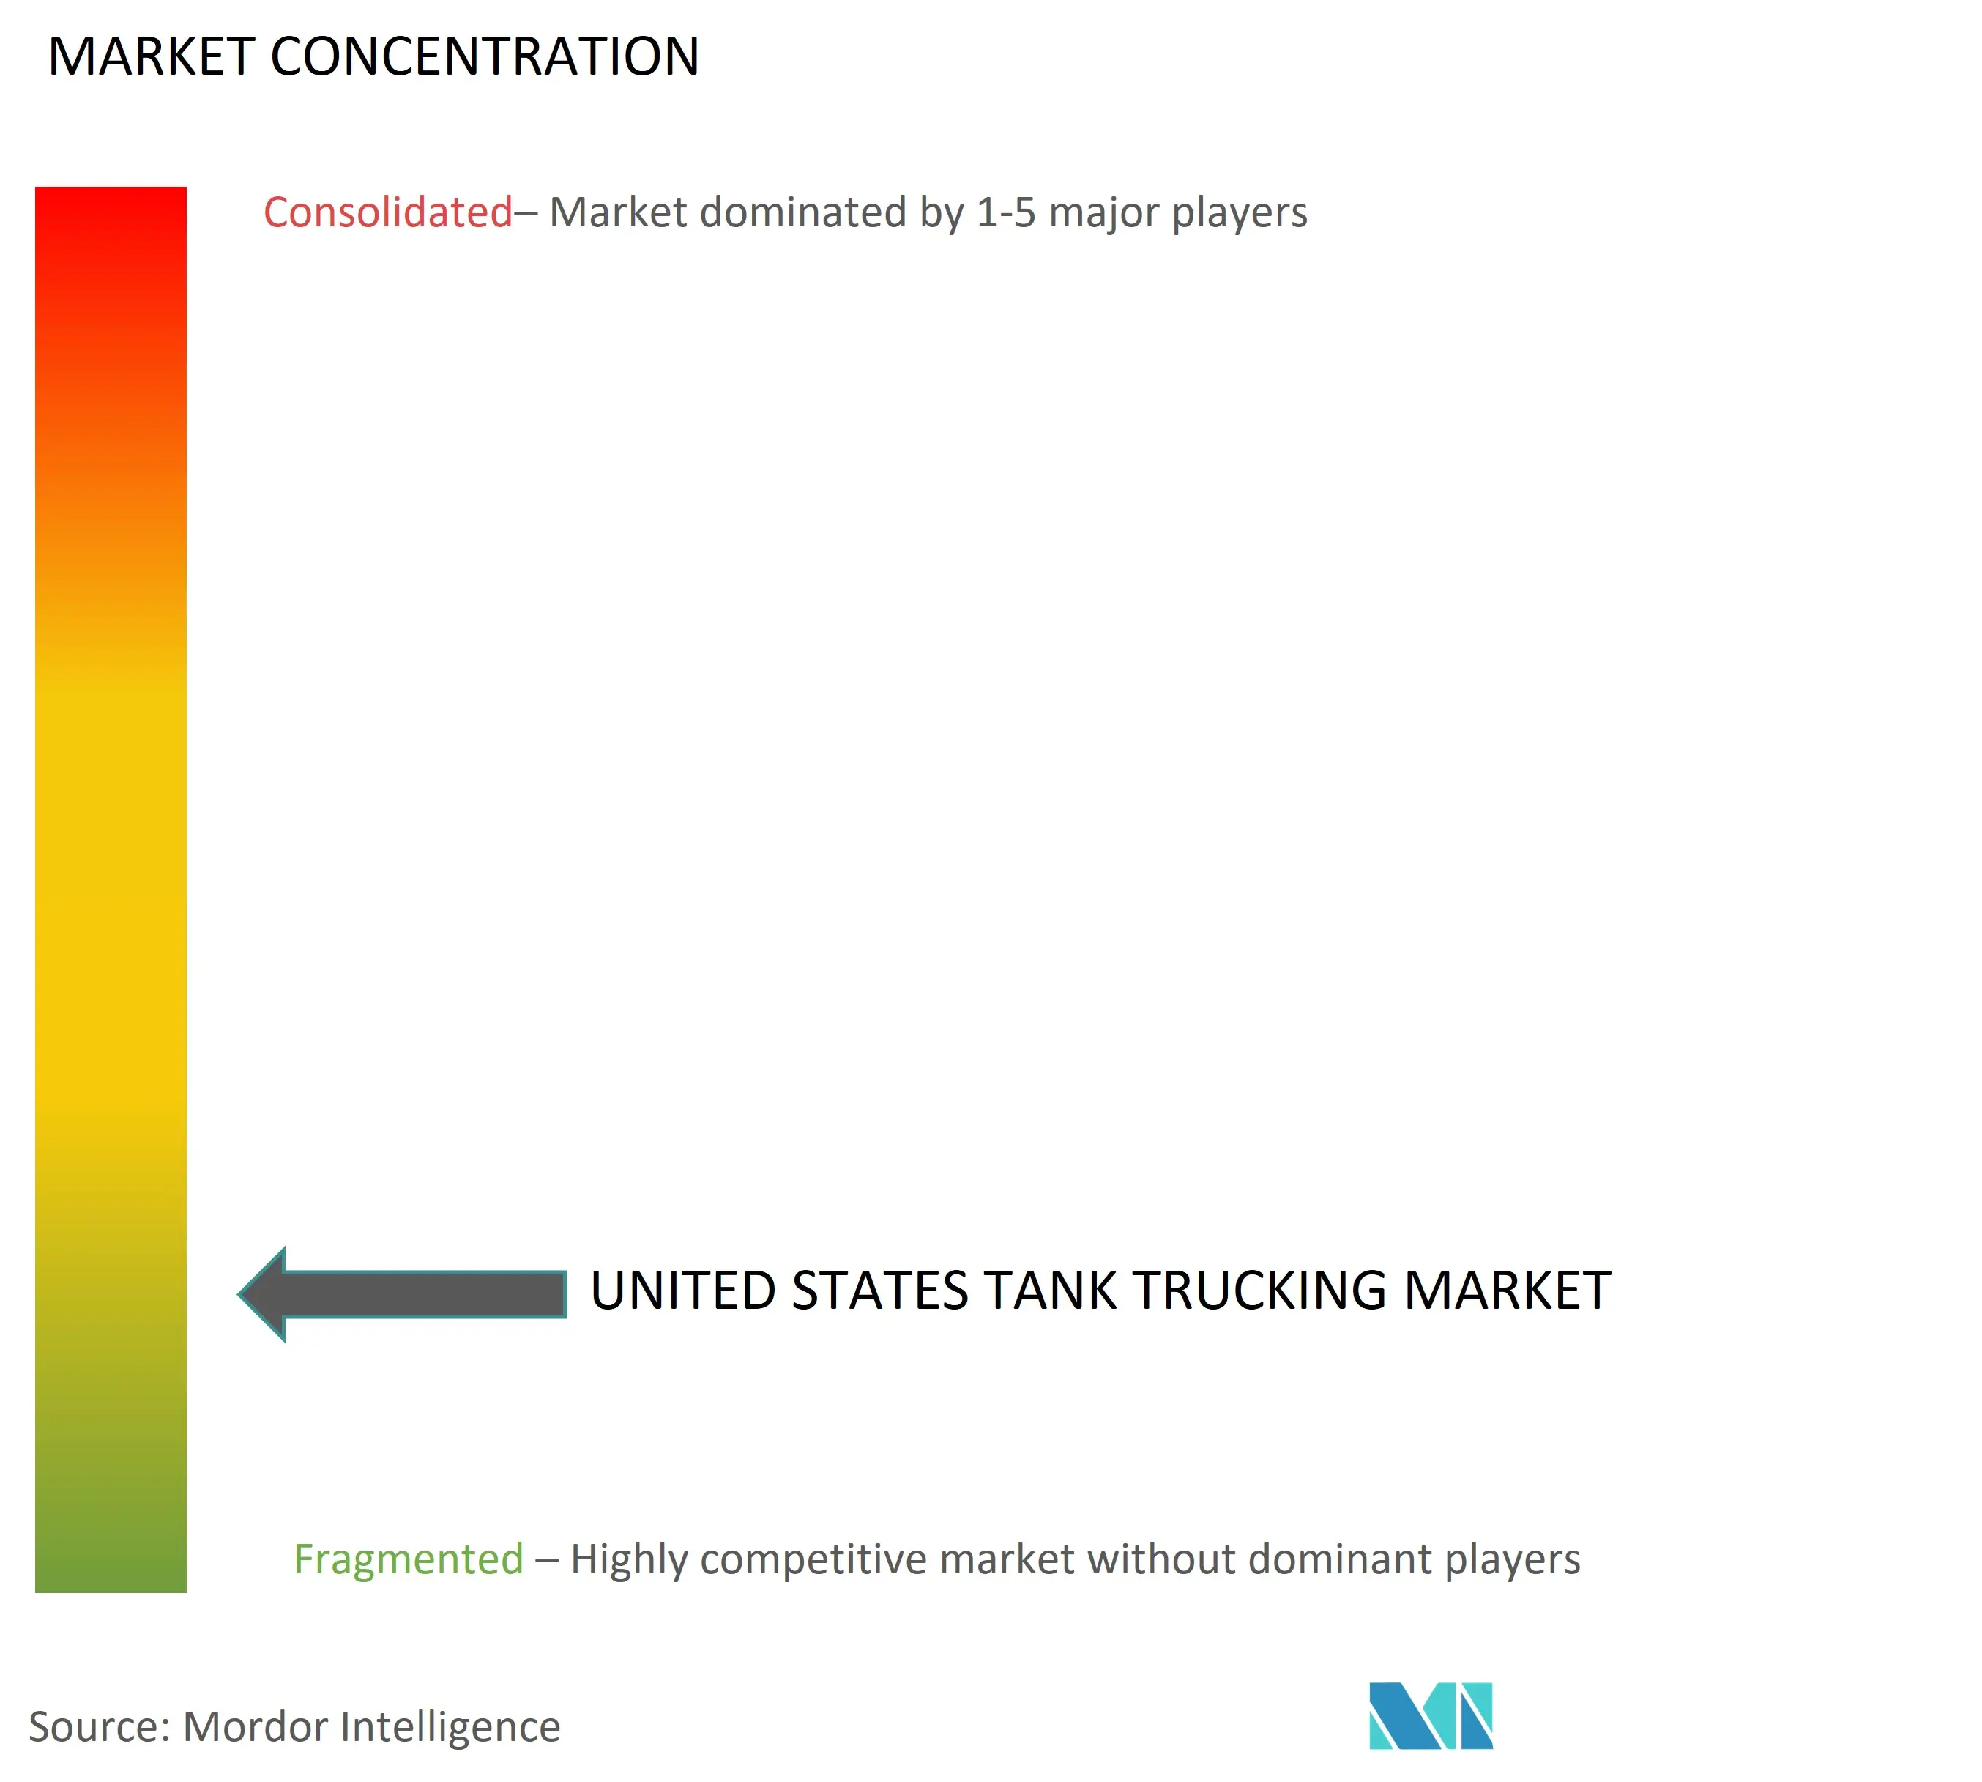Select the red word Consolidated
click(x=387, y=212)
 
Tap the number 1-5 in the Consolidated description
click(x=1006, y=212)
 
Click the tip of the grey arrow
click(x=239, y=1294)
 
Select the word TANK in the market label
click(x=1050, y=1291)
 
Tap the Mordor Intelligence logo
click(x=1431, y=1715)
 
